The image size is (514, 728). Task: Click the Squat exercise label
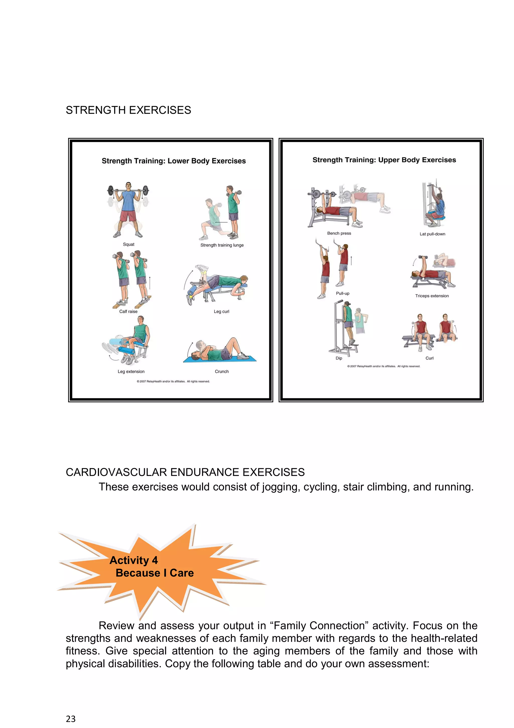(128, 244)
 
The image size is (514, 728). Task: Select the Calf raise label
(128, 311)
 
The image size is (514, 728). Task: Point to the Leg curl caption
(221, 311)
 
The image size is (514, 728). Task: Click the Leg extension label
(131, 371)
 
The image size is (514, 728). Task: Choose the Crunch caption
(222, 371)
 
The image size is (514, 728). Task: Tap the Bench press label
(339, 233)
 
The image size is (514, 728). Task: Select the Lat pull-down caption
(432, 234)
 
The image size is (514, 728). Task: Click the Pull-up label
(342, 293)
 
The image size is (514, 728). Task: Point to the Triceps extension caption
(432, 296)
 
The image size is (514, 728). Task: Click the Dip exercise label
(339, 358)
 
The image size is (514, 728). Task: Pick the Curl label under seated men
(429, 358)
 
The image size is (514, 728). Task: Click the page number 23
(71, 719)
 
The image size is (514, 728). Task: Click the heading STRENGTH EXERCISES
(128, 110)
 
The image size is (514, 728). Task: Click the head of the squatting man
(128, 185)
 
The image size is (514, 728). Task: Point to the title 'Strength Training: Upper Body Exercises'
(384, 160)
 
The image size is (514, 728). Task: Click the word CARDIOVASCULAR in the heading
(116, 472)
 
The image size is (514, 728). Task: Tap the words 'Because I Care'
(155, 573)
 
